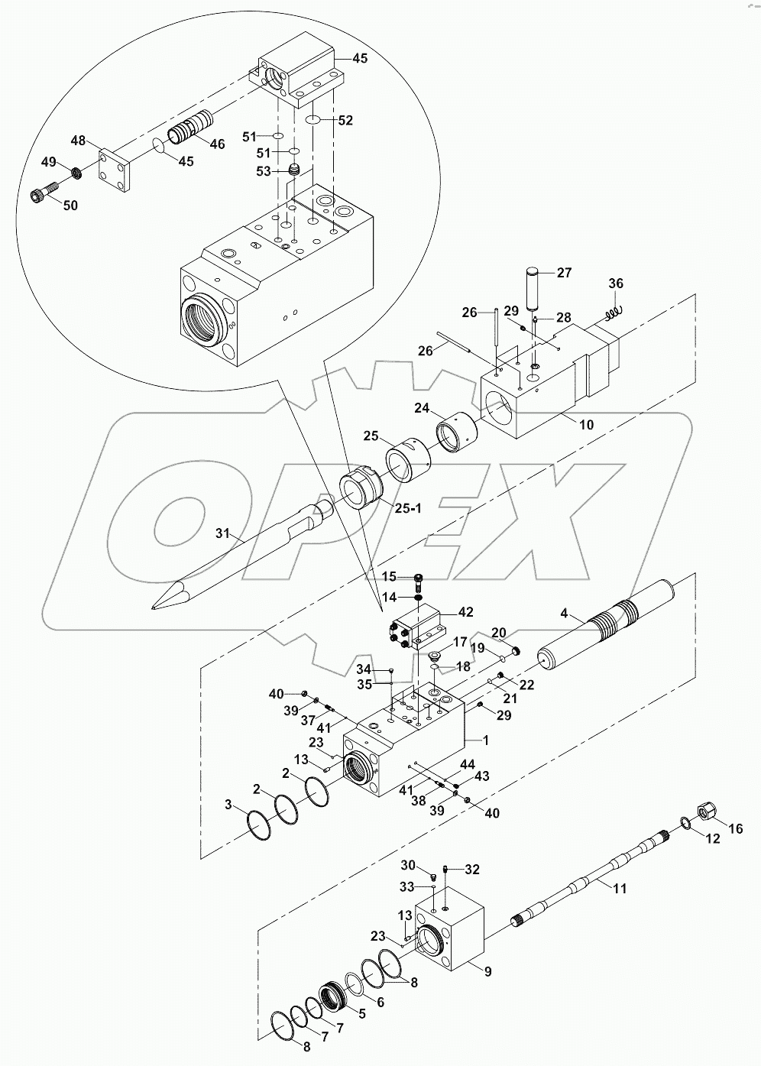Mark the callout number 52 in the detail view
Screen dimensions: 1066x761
345,120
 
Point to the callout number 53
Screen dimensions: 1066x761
264,171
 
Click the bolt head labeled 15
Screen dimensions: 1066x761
419,577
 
